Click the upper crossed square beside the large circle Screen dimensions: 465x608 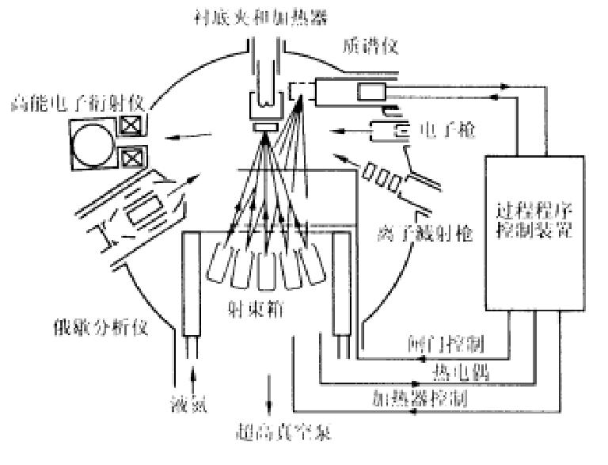(131, 124)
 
